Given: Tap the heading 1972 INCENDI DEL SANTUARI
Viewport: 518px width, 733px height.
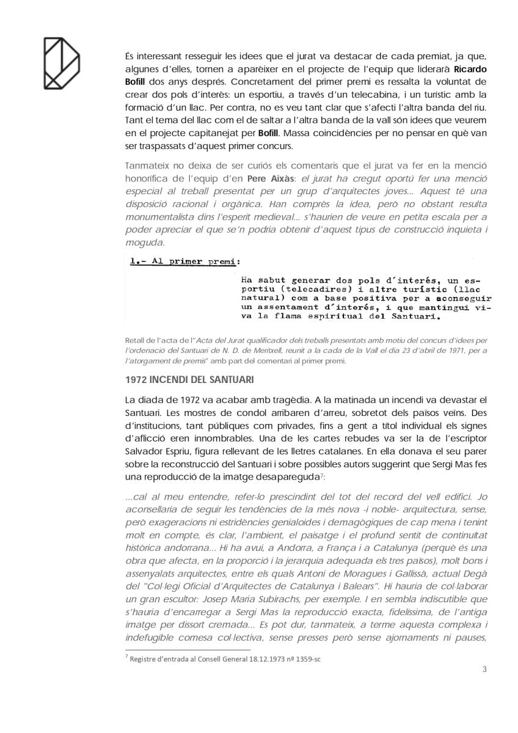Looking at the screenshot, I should coord(181,379).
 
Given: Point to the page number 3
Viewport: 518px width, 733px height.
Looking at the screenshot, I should coord(484,668).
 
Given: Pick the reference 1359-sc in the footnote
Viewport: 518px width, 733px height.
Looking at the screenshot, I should coord(307,659).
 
